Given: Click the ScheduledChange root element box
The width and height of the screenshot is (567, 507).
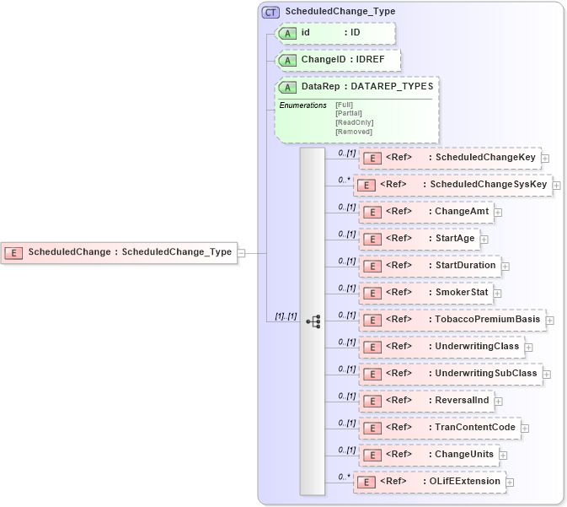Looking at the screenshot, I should point(120,252).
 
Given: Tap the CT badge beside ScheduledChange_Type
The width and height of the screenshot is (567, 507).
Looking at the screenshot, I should point(270,12).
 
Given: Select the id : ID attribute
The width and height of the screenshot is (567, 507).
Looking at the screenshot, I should point(334,33).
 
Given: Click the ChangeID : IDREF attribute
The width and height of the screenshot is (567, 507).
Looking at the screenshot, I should point(338,61).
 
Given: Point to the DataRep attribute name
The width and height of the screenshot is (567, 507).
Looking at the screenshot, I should point(321,87).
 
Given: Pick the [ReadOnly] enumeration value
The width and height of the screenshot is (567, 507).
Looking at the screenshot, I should point(354,122).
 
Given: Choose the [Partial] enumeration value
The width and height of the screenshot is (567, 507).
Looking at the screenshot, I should point(350,113).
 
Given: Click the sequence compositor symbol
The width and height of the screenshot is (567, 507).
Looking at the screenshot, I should point(313,321).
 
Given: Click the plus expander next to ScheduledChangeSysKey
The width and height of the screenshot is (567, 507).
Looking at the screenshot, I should point(557,186).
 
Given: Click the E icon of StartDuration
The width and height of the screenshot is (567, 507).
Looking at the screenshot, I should point(372,267).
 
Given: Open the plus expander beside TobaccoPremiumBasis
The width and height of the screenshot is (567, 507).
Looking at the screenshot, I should point(550,321).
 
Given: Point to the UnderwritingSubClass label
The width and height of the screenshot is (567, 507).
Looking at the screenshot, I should point(486,374).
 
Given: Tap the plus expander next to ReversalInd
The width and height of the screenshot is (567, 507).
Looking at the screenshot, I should point(499,402).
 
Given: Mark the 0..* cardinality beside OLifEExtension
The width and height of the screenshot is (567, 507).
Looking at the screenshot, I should point(344,477).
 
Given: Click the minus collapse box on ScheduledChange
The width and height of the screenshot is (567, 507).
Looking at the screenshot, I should point(242,252).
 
